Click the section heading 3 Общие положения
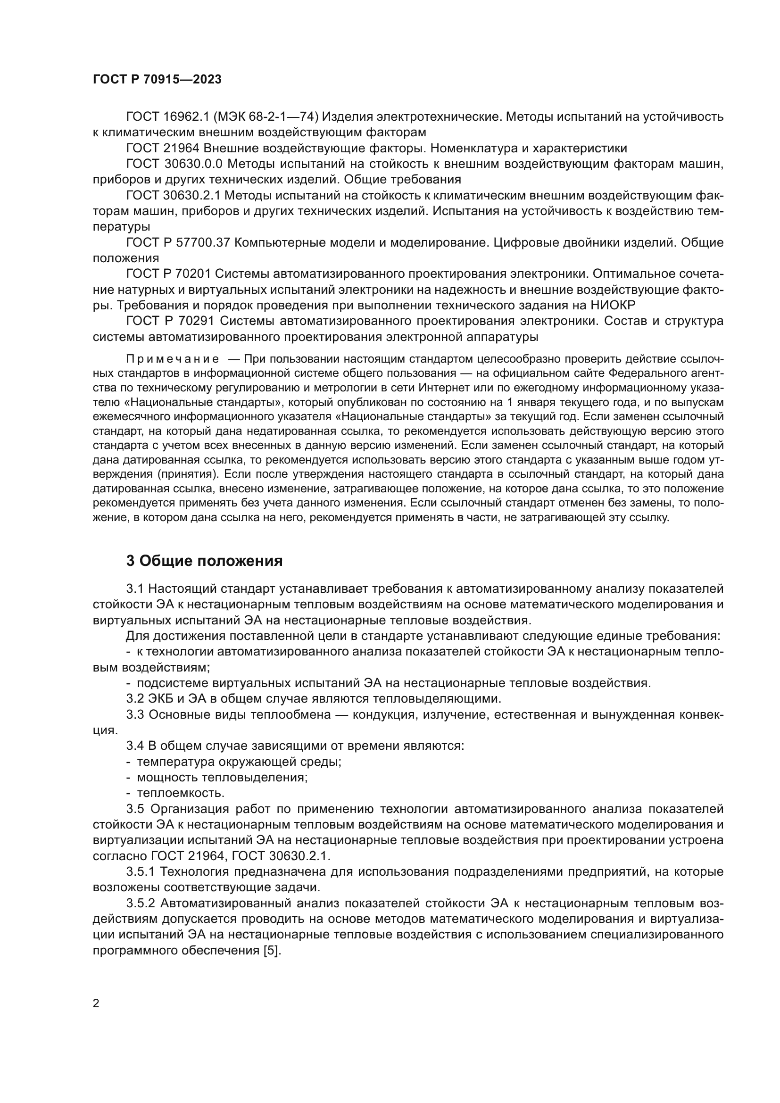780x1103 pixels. (204, 561)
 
